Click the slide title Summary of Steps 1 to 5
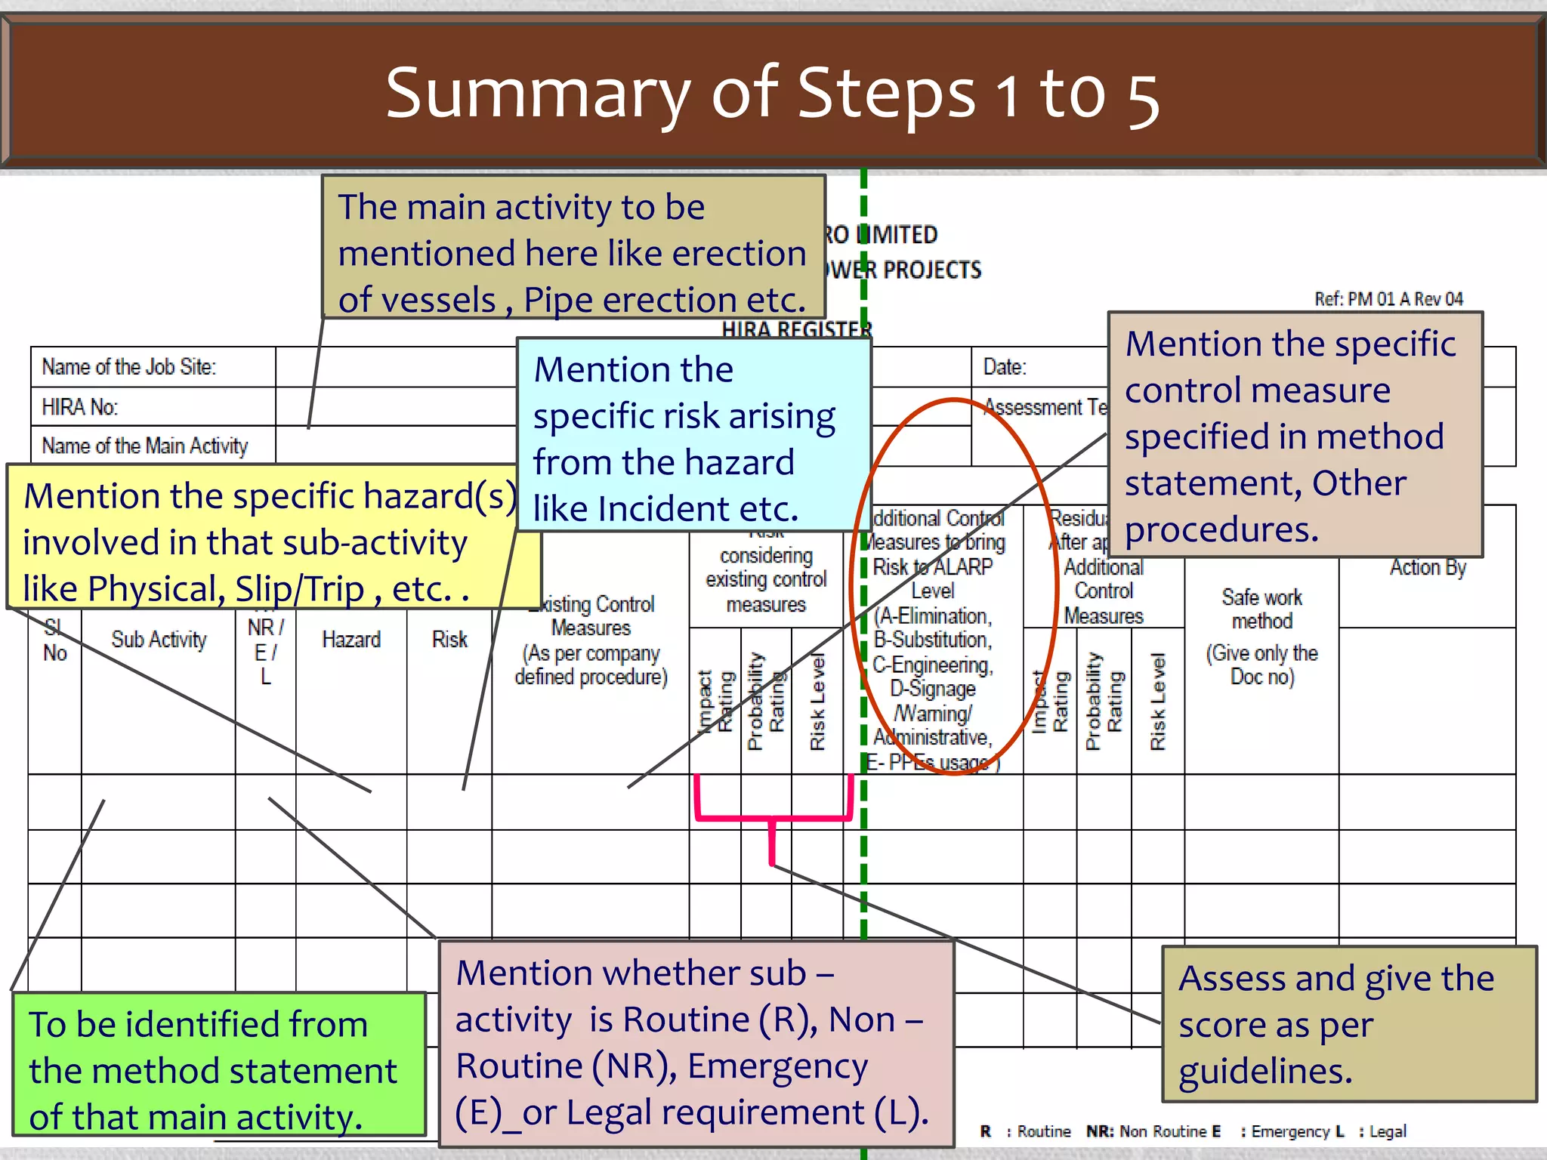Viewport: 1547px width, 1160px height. (772, 94)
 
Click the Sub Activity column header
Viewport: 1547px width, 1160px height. (159, 640)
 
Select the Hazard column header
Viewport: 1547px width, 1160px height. (350, 640)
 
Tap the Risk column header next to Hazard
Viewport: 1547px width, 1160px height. (449, 640)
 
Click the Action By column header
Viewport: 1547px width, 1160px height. (1427, 568)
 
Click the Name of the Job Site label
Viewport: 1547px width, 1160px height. (129, 367)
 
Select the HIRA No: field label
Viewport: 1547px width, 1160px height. (79, 408)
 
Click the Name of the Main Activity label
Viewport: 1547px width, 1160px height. (144, 446)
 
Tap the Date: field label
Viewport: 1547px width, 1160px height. (1004, 367)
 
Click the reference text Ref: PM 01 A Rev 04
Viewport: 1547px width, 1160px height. (1388, 299)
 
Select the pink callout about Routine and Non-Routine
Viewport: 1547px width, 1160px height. (695, 1042)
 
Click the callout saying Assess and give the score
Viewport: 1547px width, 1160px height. (1348, 1023)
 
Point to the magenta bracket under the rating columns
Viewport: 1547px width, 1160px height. (773, 819)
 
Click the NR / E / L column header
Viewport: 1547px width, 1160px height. (265, 651)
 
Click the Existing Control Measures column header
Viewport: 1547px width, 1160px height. (591, 640)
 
